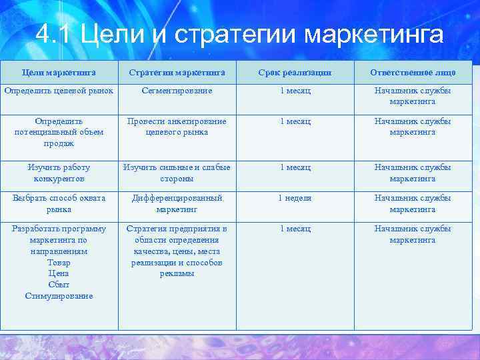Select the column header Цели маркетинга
[59, 72]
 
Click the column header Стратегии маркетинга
[177, 72]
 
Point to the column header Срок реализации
[295, 72]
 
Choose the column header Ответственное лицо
[413, 72]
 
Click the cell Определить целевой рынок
[59, 90]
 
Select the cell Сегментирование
[177, 90]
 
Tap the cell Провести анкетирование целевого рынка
[177, 127]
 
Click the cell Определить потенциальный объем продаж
[59, 132]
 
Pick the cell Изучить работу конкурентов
[59, 173]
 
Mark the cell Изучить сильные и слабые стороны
[177, 173]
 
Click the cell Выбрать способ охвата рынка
[59, 203]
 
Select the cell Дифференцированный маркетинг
[177, 203]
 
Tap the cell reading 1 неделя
[295, 198]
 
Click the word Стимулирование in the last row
[59, 295]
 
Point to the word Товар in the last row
[59, 262]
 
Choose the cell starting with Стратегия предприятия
[177, 251]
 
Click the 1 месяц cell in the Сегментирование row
[295, 90]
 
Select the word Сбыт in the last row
[59, 285]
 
